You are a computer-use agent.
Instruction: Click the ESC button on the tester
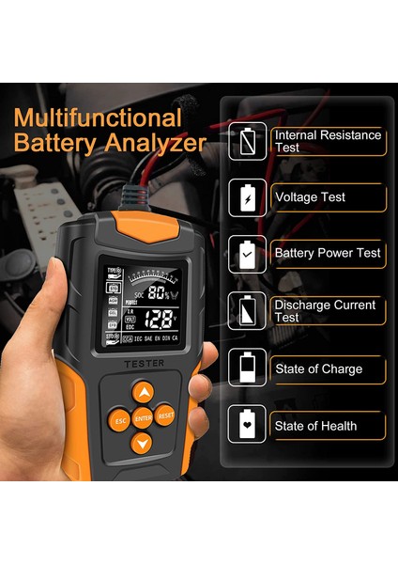pyautogui.click(x=119, y=420)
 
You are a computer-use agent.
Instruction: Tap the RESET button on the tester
pyautogui.click(x=165, y=415)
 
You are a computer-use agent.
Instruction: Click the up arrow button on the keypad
pyautogui.click(x=142, y=392)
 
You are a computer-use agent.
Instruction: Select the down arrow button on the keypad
pyautogui.click(x=142, y=442)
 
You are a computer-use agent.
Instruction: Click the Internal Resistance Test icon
pyautogui.click(x=248, y=141)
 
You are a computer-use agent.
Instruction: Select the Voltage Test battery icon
pyautogui.click(x=248, y=197)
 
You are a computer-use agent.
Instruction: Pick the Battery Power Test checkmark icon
pyautogui.click(x=248, y=254)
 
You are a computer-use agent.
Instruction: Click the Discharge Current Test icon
pyautogui.click(x=248, y=310)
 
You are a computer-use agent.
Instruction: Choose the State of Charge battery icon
pyautogui.click(x=248, y=368)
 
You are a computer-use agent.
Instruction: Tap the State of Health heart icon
pyautogui.click(x=248, y=425)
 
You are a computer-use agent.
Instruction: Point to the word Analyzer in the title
pyautogui.click(x=156, y=144)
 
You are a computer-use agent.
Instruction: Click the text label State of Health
pyautogui.click(x=315, y=426)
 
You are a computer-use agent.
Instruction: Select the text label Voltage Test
pyautogui.click(x=310, y=197)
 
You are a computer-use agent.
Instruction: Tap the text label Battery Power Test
pyautogui.click(x=327, y=253)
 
